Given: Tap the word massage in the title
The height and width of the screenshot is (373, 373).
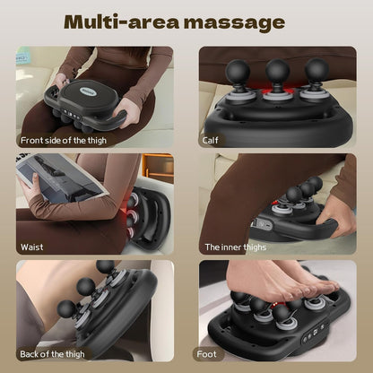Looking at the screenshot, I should [239, 22].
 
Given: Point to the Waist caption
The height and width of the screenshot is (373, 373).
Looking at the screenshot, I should [32, 247].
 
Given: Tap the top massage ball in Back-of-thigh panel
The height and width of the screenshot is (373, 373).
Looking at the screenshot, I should [105, 267].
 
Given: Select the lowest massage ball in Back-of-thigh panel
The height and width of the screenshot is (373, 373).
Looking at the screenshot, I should [67, 309].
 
